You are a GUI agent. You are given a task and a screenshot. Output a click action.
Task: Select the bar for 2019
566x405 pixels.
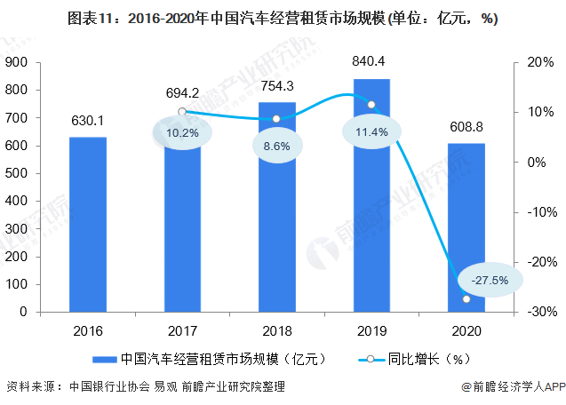[x=371, y=195]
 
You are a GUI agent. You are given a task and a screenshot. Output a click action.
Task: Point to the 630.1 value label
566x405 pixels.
[x=88, y=122]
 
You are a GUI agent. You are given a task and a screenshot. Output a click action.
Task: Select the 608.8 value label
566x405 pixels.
[x=466, y=127]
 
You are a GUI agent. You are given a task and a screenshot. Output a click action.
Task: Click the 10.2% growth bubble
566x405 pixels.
[x=182, y=132]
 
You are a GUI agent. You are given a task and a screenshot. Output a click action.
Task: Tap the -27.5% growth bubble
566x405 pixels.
[x=490, y=280]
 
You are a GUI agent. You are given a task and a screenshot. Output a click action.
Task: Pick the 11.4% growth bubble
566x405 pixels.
[x=371, y=132]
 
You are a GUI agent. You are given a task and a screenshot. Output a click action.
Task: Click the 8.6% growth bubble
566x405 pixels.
[x=277, y=144]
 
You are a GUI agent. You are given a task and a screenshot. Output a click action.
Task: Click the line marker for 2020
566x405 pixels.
[x=466, y=299]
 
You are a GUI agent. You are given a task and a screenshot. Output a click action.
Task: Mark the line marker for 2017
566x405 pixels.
[x=182, y=112]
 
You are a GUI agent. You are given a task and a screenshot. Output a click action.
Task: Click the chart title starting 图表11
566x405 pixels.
[x=283, y=19]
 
